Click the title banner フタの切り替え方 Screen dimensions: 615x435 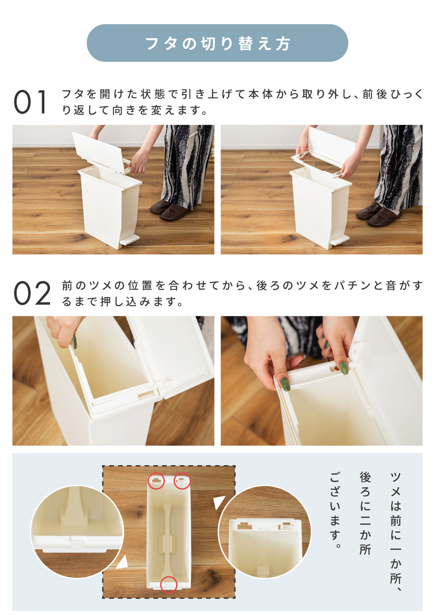click(x=217, y=43)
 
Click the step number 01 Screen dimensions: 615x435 click(x=30, y=102)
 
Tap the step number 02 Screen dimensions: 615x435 click(x=32, y=293)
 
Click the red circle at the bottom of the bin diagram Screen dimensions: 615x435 click(x=168, y=585)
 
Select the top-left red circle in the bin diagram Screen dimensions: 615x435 click(x=156, y=481)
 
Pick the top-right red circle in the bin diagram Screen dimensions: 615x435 click(x=182, y=481)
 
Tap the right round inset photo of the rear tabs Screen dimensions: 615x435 click(x=264, y=532)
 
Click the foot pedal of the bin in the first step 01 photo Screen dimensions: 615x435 click(x=129, y=240)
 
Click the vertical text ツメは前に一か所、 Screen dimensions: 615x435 click(x=395, y=531)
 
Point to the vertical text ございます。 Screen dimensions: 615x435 click(x=335, y=510)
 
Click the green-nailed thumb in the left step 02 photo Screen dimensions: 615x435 click(x=74, y=342)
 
